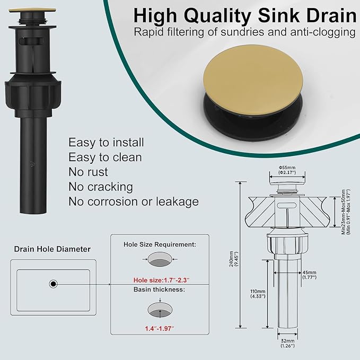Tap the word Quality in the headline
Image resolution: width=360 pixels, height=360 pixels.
click(x=217, y=15)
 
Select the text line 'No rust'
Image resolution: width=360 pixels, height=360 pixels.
click(x=88, y=172)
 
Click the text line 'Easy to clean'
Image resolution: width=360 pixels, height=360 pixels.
click(x=105, y=157)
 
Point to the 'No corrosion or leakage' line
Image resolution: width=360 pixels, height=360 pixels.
click(x=134, y=201)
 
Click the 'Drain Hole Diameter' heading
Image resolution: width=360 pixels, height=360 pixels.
click(x=52, y=249)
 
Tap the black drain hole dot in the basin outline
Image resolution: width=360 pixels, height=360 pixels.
click(x=53, y=284)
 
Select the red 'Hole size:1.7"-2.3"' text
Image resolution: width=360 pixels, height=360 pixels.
click(x=161, y=280)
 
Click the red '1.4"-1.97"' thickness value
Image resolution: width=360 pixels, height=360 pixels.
click(x=160, y=329)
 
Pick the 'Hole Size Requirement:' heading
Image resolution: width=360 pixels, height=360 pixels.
click(x=160, y=244)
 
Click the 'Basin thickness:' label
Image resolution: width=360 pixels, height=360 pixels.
click(x=159, y=289)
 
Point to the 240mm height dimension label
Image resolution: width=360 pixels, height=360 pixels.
click(x=234, y=259)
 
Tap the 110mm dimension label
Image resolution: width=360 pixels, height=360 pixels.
click(x=258, y=294)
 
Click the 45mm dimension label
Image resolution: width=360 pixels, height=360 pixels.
click(x=310, y=275)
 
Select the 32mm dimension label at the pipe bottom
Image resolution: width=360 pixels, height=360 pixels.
click(x=287, y=343)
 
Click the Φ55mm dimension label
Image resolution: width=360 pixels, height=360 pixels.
click(x=287, y=170)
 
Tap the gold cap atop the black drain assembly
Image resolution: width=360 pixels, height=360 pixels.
click(x=32, y=10)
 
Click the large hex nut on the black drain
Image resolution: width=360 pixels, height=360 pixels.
click(x=33, y=96)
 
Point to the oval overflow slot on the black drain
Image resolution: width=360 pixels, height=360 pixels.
click(x=32, y=41)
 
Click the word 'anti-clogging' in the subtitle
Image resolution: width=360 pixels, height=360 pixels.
click(x=322, y=32)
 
